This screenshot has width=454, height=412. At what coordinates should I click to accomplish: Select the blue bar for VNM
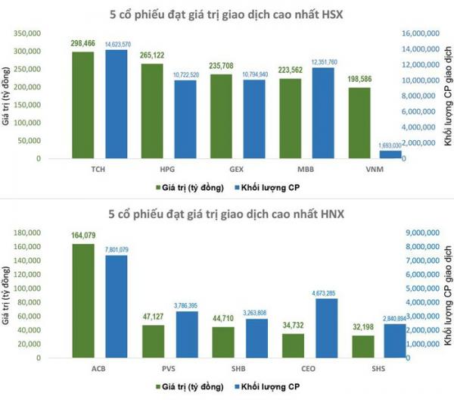tap(390, 154)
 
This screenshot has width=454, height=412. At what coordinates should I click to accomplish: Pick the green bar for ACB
tap(83, 301)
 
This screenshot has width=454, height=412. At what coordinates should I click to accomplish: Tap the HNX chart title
tap(226, 214)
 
